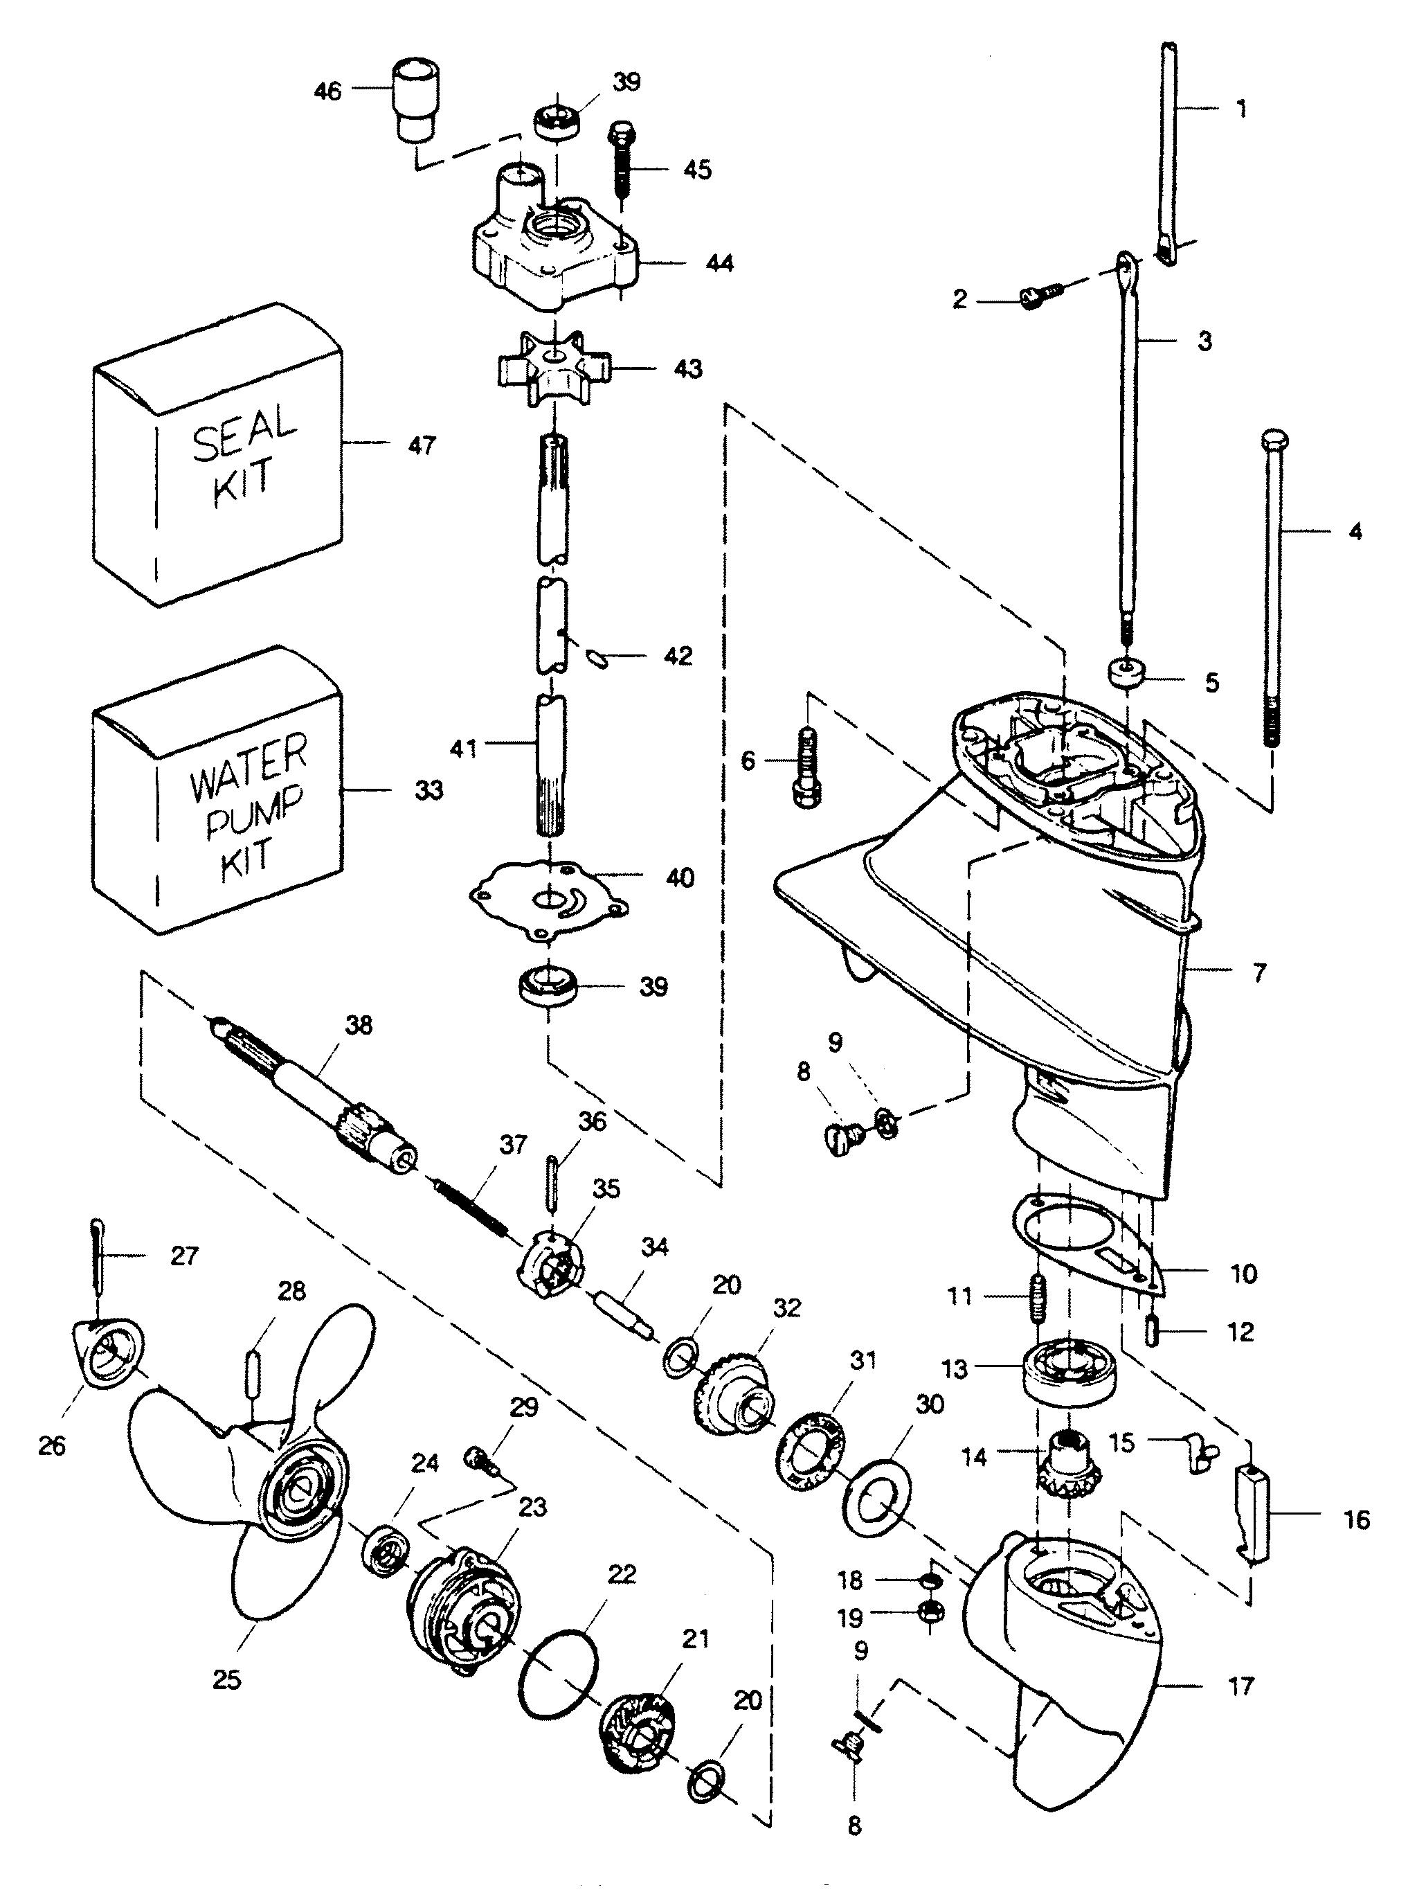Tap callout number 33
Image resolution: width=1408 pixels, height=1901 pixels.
tap(428, 790)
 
